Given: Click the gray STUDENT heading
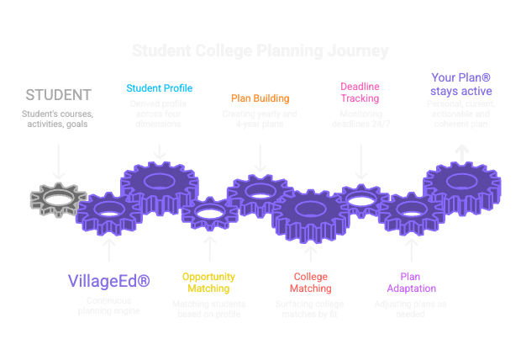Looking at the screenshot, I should tap(58, 94).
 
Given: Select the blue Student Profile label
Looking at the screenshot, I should tap(160, 87).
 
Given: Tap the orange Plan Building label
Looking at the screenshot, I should tap(260, 98).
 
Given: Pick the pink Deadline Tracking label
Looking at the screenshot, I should tap(360, 93).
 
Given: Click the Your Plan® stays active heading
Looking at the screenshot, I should tap(461, 83).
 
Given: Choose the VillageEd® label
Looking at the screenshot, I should tap(108, 280).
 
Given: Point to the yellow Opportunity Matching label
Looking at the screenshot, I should tap(209, 282).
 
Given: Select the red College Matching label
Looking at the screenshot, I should tap(310, 282).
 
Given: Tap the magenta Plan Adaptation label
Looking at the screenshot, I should tap(411, 282).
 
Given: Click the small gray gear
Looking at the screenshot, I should tap(56, 199).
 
